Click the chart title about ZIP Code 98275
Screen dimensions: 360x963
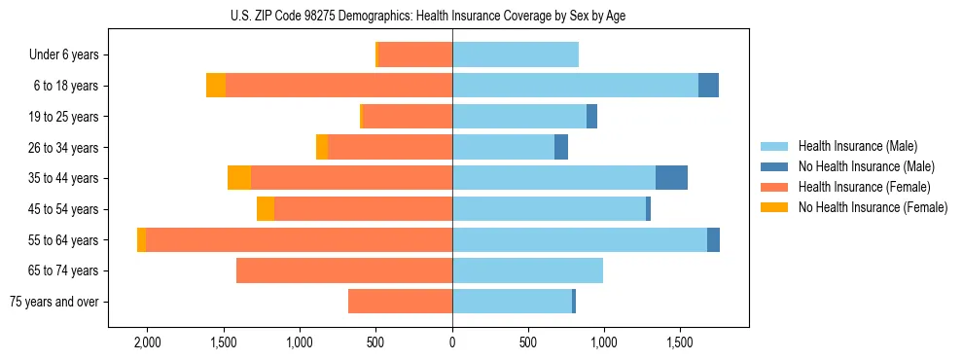428,16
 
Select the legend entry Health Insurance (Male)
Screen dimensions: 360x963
856,146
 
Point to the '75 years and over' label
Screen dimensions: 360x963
54,302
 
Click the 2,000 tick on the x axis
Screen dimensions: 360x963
147,342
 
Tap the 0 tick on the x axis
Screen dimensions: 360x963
452,342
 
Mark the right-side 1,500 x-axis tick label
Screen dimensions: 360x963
680,342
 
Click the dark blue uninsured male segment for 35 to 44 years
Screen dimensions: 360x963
671,178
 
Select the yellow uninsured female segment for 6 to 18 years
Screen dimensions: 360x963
216,86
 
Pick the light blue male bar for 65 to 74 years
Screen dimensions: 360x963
527,270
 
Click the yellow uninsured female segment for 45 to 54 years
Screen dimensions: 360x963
266,209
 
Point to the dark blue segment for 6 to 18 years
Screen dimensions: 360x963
708,86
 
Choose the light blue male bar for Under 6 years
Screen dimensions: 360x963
516,54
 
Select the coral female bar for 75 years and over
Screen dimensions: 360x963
400,302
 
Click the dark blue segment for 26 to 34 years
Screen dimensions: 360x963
561,147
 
